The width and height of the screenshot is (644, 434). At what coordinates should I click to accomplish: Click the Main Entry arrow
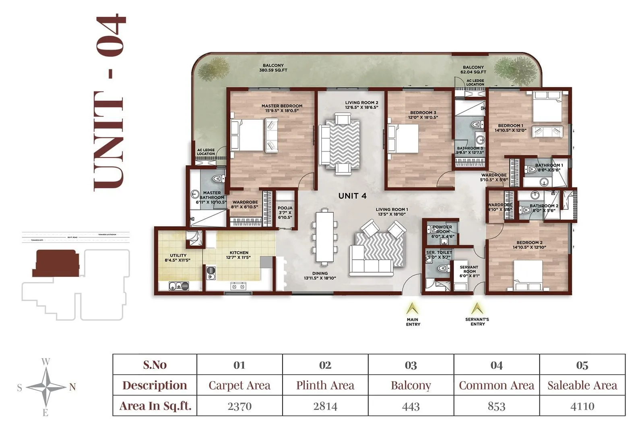412,309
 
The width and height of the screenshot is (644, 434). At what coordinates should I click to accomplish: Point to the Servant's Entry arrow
477,309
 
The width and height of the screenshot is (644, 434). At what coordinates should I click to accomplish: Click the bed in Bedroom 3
403,138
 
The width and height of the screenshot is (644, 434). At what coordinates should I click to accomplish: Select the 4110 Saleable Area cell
582,406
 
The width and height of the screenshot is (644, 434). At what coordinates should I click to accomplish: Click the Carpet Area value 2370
239,406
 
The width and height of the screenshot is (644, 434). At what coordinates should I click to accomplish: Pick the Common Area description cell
496,385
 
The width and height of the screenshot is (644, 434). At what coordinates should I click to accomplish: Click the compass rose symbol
46,387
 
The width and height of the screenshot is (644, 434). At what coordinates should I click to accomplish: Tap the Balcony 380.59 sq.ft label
273,68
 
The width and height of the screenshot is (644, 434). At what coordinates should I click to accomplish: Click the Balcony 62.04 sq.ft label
473,70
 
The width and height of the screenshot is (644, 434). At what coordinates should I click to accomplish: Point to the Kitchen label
239,255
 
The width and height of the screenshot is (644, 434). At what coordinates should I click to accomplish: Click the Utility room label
178,257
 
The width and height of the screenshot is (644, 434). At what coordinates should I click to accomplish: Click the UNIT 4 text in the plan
352,196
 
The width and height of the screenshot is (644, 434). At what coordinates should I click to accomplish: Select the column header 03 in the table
411,365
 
